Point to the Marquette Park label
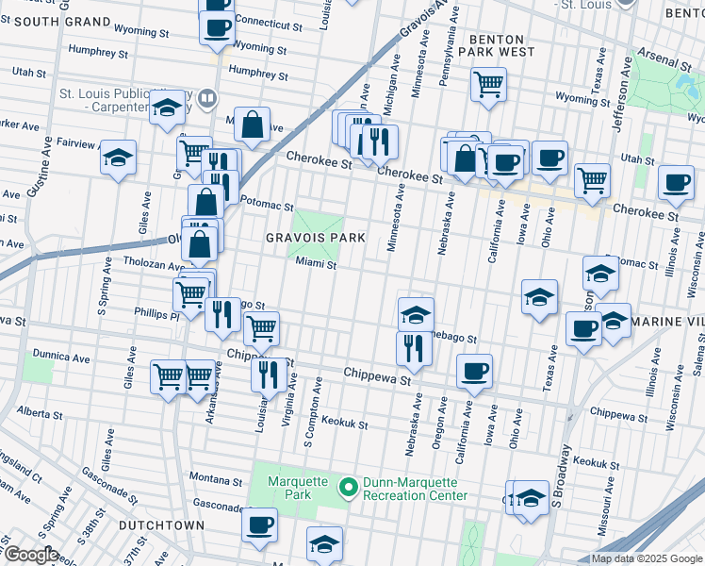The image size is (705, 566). click(289, 488)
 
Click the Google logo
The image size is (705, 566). click(31, 554)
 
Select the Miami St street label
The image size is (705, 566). click(316, 265)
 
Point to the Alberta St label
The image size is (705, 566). click(39, 413)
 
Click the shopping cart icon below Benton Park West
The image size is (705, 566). click(488, 84)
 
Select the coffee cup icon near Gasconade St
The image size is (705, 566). click(259, 524)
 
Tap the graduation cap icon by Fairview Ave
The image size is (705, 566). click(118, 158)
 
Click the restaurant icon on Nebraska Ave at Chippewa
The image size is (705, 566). click(414, 348)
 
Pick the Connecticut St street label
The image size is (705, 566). click(268, 25)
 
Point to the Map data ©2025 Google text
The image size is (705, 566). click(646, 558)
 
